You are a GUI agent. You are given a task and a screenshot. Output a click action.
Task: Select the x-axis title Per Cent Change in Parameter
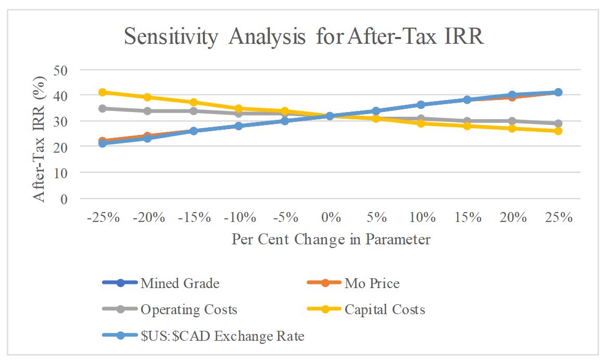(x=331, y=239)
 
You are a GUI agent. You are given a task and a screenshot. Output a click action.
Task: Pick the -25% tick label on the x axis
(x=103, y=217)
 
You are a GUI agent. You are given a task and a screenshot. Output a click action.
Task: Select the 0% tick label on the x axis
(x=330, y=217)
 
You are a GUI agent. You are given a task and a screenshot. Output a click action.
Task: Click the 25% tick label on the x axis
(x=558, y=217)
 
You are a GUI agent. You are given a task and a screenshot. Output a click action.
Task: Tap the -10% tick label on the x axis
(x=239, y=217)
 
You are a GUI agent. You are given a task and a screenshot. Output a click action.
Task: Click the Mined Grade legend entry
(x=180, y=283)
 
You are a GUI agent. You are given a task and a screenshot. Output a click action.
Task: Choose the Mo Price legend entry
(x=372, y=283)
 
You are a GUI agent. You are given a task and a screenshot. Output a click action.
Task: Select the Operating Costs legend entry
(x=188, y=309)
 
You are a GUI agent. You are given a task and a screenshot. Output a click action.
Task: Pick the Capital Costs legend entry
(x=384, y=309)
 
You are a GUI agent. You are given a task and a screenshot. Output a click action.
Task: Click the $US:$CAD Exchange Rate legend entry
(x=222, y=336)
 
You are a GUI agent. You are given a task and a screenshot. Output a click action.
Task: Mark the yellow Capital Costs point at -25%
(x=103, y=92)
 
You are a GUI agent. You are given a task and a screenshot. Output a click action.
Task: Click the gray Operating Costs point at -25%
(x=103, y=108)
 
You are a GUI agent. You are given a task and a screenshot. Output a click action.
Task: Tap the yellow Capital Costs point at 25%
(x=558, y=131)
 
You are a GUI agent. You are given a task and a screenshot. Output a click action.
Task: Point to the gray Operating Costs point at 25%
(x=558, y=123)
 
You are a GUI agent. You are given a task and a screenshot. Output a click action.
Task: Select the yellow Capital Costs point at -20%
(x=148, y=97)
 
